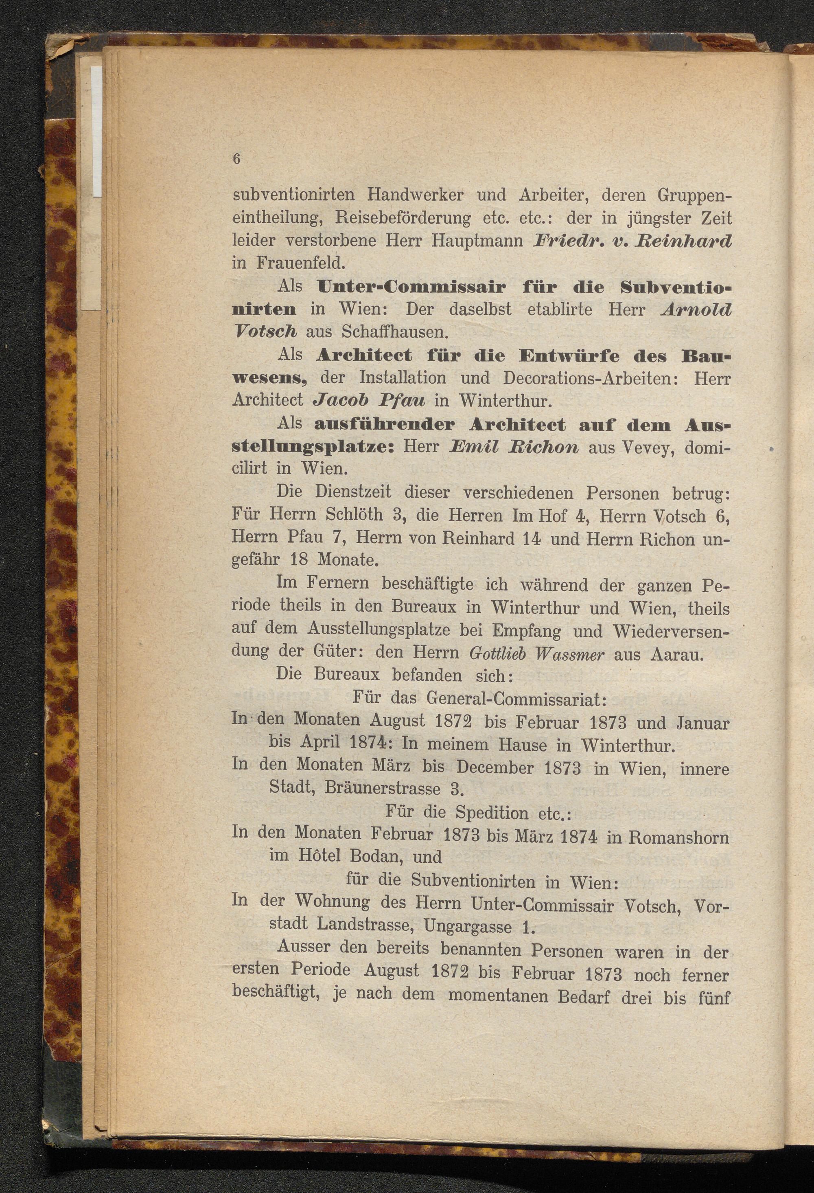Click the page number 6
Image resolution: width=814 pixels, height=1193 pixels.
(x=236, y=159)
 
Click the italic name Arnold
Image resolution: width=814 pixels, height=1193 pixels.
(x=696, y=309)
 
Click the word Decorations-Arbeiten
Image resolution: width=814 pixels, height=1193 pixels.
(x=592, y=378)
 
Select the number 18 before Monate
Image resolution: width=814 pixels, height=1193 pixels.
(x=299, y=559)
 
